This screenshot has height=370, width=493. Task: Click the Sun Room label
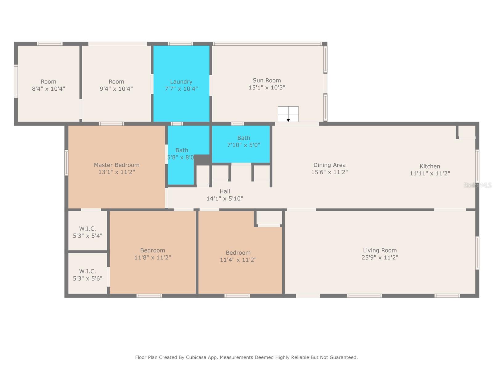[x=267, y=80]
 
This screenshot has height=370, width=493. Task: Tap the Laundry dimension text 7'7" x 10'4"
[x=181, y=89]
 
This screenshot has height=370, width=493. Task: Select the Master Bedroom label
[x=116, y=165]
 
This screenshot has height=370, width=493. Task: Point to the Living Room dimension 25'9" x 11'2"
[x=380, y=257]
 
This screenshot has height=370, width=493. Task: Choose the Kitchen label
[x=430, y=166]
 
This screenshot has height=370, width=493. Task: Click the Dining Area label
[x=329, y=165]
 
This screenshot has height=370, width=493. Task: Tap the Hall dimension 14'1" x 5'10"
[x=225, y=198]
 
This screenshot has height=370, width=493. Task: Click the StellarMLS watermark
[x=478, y=185]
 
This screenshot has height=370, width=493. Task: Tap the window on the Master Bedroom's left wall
[x=66, y=163]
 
